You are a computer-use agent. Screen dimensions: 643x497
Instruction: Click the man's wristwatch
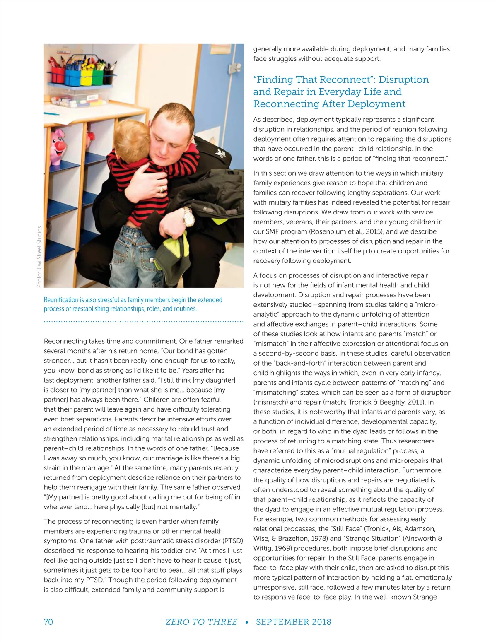coord(188,216)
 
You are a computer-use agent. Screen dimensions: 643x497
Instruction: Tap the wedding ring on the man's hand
coord(162,189)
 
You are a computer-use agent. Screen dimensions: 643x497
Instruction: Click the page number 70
coord(48,622)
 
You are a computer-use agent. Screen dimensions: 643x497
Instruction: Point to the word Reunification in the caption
coord(61,300)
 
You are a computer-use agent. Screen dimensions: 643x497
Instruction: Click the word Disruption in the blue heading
coord(404,79)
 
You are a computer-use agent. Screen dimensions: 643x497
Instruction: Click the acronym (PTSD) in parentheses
coord(233,541)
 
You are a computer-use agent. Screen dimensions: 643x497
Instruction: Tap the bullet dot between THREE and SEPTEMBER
coord(247,622)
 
